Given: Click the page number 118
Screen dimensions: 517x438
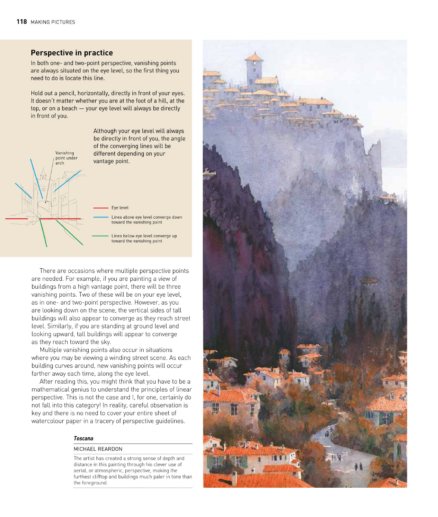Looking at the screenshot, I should (22, 22).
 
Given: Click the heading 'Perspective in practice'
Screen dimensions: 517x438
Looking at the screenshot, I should (72, 53).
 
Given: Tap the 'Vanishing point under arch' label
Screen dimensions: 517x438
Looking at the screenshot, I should (66, 158).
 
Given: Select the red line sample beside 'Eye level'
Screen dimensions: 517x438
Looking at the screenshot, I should (101, 208).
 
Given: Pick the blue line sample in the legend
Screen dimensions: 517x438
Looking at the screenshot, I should (101, 217).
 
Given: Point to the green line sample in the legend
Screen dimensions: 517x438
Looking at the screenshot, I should (101, 236).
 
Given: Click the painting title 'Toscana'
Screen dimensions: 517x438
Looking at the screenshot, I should (83, 438).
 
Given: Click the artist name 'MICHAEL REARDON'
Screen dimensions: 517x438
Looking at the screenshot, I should (98, 449).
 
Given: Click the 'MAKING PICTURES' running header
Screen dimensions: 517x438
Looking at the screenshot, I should (53, 22).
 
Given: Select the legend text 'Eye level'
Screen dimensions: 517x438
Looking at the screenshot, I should (120, 208).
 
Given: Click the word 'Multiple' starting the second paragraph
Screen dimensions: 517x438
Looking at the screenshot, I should (51, 350).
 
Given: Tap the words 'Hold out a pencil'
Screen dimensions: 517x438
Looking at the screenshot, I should (53, 93).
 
